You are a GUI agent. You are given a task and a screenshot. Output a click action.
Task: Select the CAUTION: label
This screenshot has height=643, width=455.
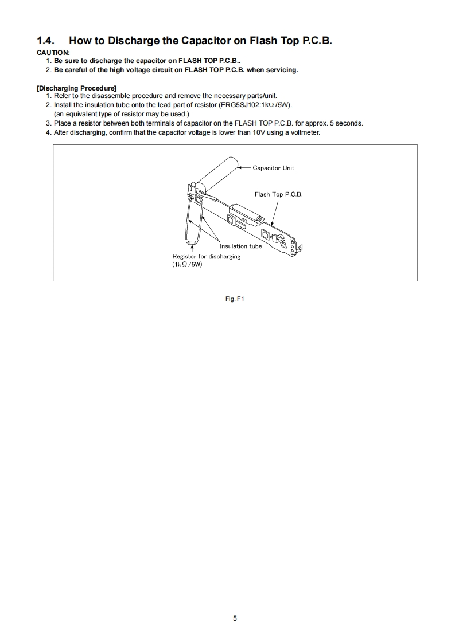coord(53,53)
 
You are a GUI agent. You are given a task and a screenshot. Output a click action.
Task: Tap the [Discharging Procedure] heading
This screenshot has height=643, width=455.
coord(76,88)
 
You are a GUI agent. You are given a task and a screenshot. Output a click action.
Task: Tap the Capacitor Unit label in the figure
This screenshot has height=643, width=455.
coord(273,168)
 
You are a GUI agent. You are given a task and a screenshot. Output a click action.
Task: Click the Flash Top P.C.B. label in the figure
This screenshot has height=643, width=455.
coord(278,194)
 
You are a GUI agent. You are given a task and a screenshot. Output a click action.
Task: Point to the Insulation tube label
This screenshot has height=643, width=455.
coord(240,246)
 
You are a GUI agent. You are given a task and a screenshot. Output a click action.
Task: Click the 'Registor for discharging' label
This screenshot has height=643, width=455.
coord(207,256)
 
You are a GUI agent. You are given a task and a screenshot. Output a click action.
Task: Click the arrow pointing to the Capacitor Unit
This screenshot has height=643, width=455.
coord(247,168)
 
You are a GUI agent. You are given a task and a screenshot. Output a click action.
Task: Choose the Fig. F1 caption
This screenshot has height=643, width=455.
coord(235,299)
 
